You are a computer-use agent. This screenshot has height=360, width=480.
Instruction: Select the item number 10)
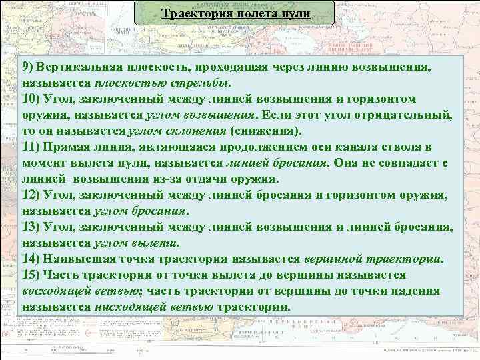click(31, 99)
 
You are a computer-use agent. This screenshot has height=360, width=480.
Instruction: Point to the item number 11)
click(31, 147)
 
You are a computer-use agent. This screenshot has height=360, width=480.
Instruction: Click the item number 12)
click(31, 194)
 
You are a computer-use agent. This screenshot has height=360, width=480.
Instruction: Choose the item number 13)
click(31, 227)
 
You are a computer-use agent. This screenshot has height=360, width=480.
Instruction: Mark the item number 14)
click(31, 259)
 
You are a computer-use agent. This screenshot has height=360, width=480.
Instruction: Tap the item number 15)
click(31, 275)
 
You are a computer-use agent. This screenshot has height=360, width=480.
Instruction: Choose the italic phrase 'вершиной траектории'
click(374, 259)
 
